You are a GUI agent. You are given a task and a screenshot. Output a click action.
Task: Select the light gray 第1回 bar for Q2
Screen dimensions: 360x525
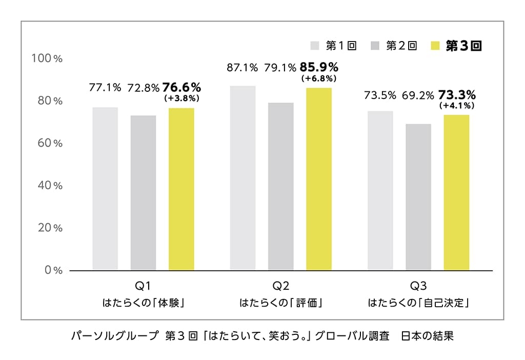pos(243,177)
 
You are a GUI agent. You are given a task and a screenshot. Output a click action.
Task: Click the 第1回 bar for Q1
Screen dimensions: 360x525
pos(105,188)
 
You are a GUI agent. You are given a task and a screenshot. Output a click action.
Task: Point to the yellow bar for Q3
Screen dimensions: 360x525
pos(456,192)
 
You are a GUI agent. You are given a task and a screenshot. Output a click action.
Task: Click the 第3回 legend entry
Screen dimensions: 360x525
pos(458,46)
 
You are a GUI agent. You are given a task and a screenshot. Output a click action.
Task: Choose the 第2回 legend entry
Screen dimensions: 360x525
pos(394,46)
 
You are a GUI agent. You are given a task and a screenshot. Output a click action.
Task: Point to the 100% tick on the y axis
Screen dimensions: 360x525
pos(47,58)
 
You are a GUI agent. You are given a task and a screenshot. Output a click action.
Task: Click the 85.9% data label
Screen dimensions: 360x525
pos(319,67)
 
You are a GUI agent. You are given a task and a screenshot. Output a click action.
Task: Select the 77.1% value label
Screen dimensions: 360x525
pos(105,88)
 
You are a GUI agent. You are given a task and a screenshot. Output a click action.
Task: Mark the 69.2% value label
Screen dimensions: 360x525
pos(418,95)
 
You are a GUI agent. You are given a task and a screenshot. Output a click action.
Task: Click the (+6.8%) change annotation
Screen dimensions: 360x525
pos(319,78)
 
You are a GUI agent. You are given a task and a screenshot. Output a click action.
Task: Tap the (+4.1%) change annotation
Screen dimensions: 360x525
pos(457,106)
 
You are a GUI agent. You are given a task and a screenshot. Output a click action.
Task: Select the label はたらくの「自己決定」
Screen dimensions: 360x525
pos(419,303)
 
